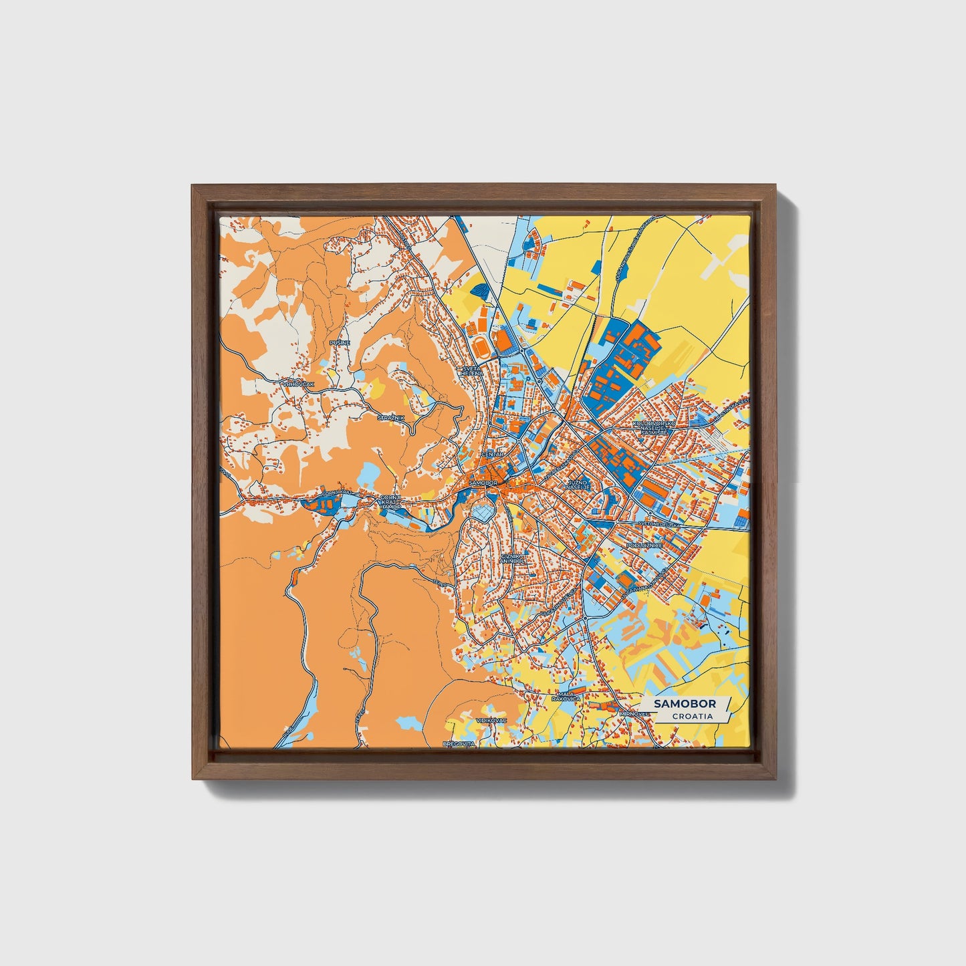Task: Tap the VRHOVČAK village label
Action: (298, 384)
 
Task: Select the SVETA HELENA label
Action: (471, 370)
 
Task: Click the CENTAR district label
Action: (491, 455)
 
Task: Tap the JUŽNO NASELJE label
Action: (577, 484)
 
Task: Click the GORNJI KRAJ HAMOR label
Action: (390, 502)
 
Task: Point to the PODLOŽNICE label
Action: (644, 546)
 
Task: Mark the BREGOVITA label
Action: (459, 743)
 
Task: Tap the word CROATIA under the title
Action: (692, 717)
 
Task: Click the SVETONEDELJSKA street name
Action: (658, 525)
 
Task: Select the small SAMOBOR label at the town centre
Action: (483, 483)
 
